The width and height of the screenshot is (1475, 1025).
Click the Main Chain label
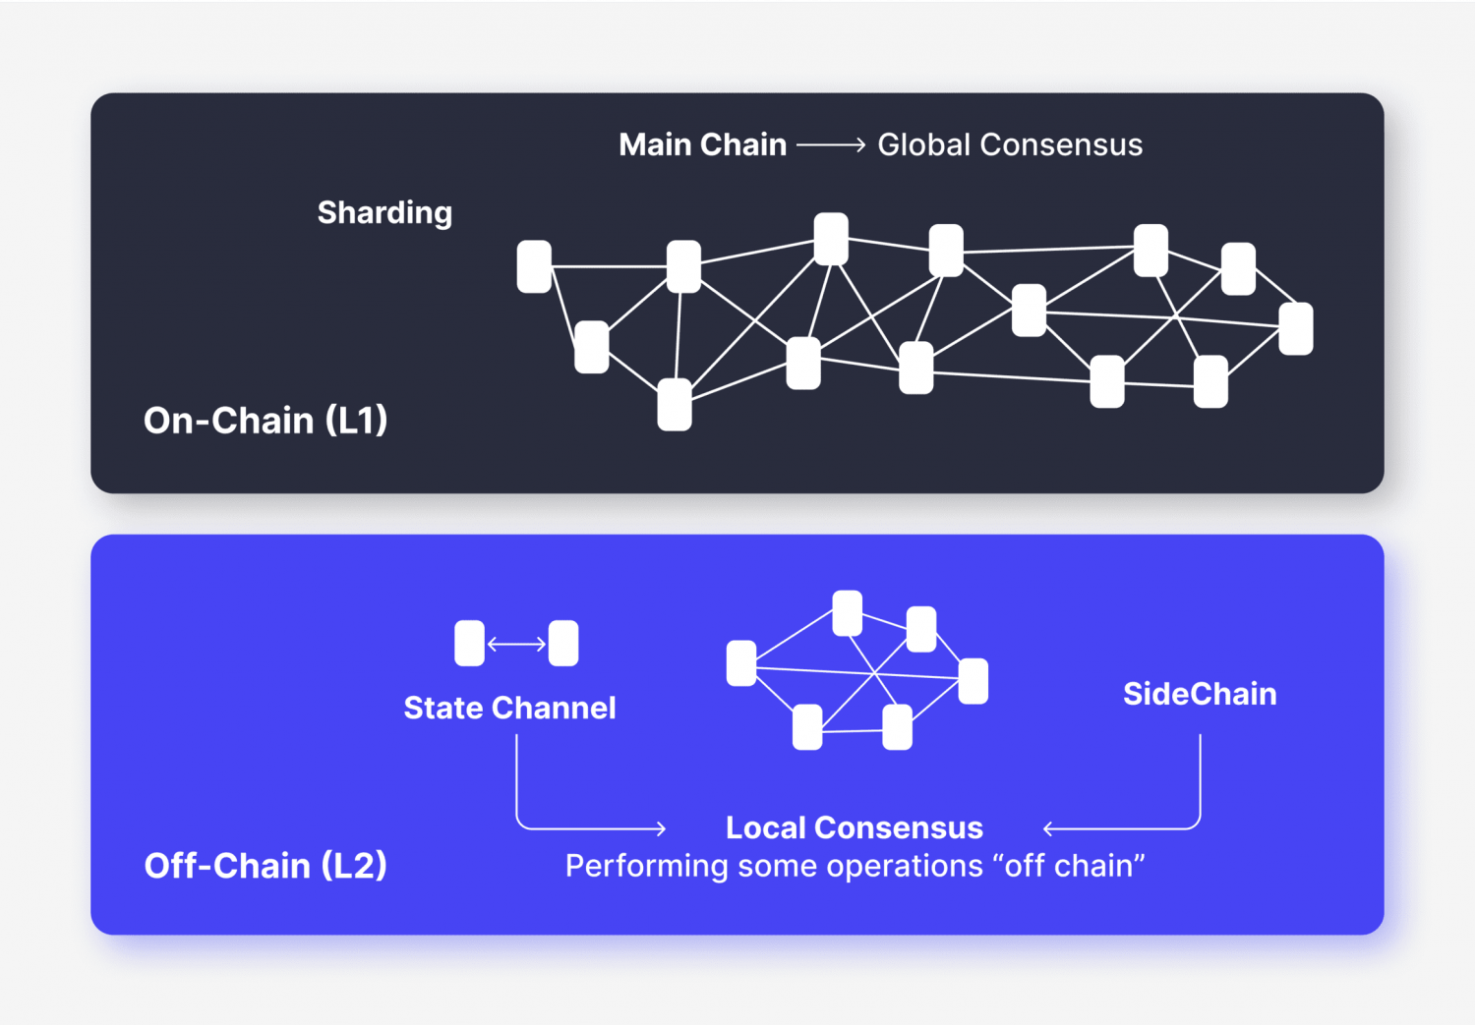pos(702,145)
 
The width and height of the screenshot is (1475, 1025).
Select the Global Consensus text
pos(1010,145)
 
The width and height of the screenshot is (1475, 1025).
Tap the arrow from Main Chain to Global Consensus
pos(831,145)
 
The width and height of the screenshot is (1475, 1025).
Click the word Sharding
pos(384,212)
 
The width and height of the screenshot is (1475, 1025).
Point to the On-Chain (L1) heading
pos(265,421)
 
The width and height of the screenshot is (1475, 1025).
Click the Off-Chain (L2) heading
pos(265,866)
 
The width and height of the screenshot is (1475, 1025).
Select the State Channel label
pos(509,708)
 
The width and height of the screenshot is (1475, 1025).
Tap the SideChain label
pos(1200,694)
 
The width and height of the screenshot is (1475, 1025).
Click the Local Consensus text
pos(854,827)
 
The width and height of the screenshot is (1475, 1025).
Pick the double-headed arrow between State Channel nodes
pos(516,645)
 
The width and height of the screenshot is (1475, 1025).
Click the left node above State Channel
pos(470,644)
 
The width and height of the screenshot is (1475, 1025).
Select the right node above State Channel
pos(563,644)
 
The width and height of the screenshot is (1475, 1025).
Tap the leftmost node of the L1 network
pos(534,266)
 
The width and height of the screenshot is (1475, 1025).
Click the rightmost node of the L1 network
pos(1296,328)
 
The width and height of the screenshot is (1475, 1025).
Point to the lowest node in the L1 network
pos(675,405)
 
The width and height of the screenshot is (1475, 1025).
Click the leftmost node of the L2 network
pos(741,663)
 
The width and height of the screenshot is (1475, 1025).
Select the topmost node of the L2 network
pos(848,613)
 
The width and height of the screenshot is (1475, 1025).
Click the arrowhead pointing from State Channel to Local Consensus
pos(661,829)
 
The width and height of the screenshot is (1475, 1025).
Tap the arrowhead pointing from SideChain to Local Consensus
pos(1048,829)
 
